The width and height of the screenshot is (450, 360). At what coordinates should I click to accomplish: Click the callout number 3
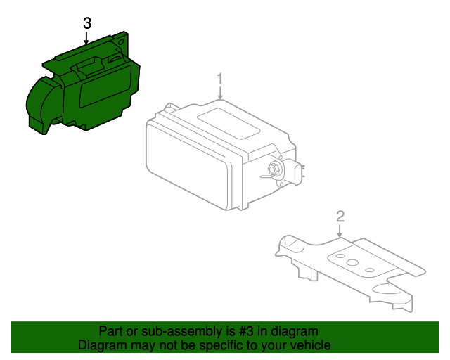coord(87,23)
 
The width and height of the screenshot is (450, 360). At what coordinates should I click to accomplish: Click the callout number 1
coord(220,79)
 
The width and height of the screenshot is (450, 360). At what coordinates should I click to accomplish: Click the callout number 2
coord(340,217)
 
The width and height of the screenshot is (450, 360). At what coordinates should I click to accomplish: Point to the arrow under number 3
coord(86,38)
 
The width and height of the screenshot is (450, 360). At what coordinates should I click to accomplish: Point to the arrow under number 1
coord(220,93)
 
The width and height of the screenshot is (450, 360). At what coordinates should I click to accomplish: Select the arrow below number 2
coord(340,231)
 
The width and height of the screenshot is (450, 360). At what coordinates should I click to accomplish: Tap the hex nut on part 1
coord(273,169)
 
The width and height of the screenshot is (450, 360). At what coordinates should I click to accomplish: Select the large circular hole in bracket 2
coord(352,262)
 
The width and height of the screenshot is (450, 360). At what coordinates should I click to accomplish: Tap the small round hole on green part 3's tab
coord(121,43)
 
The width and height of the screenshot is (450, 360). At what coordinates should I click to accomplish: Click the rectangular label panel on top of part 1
coord(229,124)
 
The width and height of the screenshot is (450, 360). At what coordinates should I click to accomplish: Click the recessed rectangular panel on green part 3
coord(105,86)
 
